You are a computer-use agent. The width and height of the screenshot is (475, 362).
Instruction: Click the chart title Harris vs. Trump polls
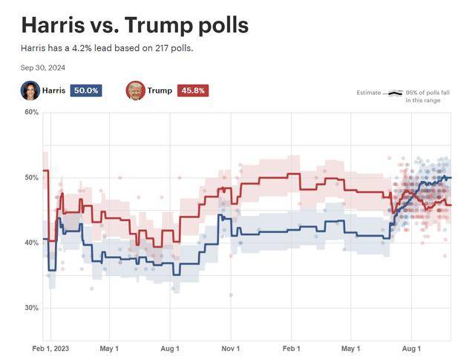click(134, 25)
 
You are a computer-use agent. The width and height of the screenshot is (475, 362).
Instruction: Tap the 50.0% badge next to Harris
click(85, 90)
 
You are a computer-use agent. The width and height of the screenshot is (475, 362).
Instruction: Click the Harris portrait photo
click(30, 90)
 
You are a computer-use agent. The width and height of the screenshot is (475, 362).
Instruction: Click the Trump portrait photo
click(135, 90)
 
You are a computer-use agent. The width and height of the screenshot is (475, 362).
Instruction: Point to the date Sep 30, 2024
click(43, 67)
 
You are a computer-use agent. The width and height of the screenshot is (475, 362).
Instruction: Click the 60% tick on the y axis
click(31, 113)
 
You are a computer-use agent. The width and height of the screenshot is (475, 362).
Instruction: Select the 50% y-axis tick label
click(31, 178)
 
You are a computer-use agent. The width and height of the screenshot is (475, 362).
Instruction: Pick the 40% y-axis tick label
click(31, 243)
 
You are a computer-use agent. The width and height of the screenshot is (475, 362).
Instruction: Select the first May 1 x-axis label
click(109, 348)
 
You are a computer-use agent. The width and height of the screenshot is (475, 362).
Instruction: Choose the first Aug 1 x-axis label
click(170, 348)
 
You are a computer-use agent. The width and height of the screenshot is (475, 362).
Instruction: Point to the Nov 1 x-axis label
click(231, 348)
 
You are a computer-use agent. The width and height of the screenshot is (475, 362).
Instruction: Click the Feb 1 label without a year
click(292, 348)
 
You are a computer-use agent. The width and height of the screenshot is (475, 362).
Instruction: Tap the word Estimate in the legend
click(369, 93)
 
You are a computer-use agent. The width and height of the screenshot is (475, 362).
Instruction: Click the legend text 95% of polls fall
click(428, 93)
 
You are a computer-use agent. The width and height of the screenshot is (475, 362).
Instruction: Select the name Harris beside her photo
click(53, 90)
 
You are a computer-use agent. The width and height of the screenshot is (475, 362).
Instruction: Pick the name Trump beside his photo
click(160, 90)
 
